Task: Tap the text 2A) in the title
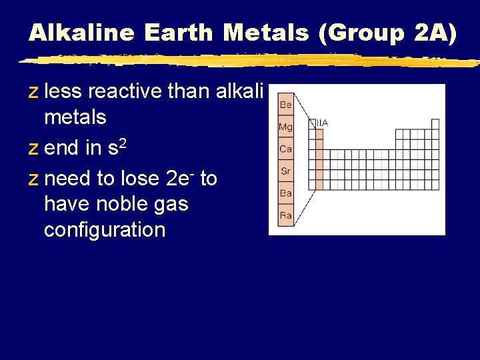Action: coord(435,33)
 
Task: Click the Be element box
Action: coord(285,105)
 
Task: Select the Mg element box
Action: coord(285,127)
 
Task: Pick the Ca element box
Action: coord(285,149)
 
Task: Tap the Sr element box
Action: coord(285,171)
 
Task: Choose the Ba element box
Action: coord(285,193)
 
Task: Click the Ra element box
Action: coord(285,215)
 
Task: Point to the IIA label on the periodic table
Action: coord(321,123)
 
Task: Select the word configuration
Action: coord(104,230)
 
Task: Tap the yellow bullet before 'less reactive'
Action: coord(33,92)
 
